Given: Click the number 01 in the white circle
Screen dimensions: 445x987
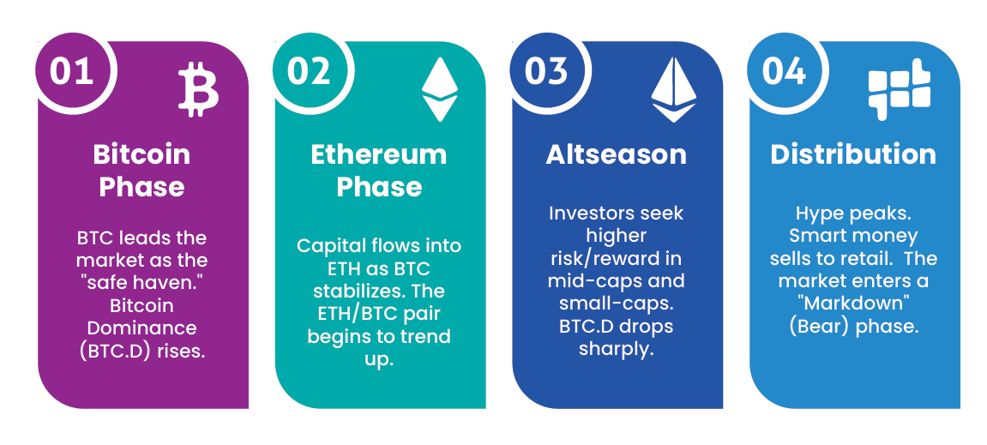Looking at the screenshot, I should (x=71, y=70).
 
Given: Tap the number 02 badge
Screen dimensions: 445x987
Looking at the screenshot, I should (x=309, y=70).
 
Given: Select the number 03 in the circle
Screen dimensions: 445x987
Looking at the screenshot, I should (x=546, y=70).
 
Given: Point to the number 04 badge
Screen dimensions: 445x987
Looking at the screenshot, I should (x=784, y=70).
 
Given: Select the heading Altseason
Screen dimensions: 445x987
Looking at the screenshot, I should (x=616, y=154).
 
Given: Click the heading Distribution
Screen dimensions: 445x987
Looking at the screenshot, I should (x=853, y=154).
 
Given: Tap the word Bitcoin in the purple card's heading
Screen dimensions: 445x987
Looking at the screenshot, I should (x=141, y=154).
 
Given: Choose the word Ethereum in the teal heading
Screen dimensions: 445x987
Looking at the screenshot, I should (x=378, y=154).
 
